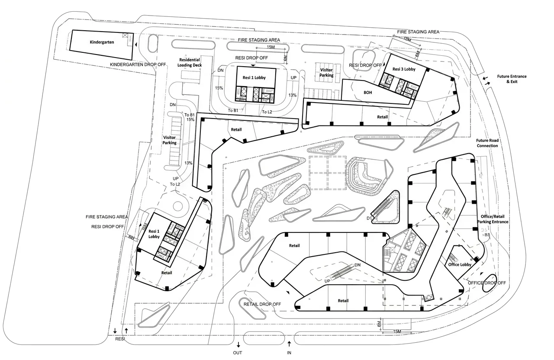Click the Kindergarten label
click(x=102, y=42)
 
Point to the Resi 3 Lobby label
click(x=404, y=69)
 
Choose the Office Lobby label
click(x=460, y=264)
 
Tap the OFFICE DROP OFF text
click(x=487, y=283)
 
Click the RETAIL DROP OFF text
click(x=262, y=304)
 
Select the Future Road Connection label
click(x=487, y=143)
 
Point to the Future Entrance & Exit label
click(x=511, y=79)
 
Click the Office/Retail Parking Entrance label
click(x=495, y=219)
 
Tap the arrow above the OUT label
click(x=238, y=344)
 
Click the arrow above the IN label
click(x=289, y=344)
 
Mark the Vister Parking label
click(x=326, y=72)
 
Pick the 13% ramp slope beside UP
click(x=292, y=95)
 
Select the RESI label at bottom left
click(x=120, y=339)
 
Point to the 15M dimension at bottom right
click(x=397, y=331)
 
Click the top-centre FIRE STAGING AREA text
click(x=259, y=40)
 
